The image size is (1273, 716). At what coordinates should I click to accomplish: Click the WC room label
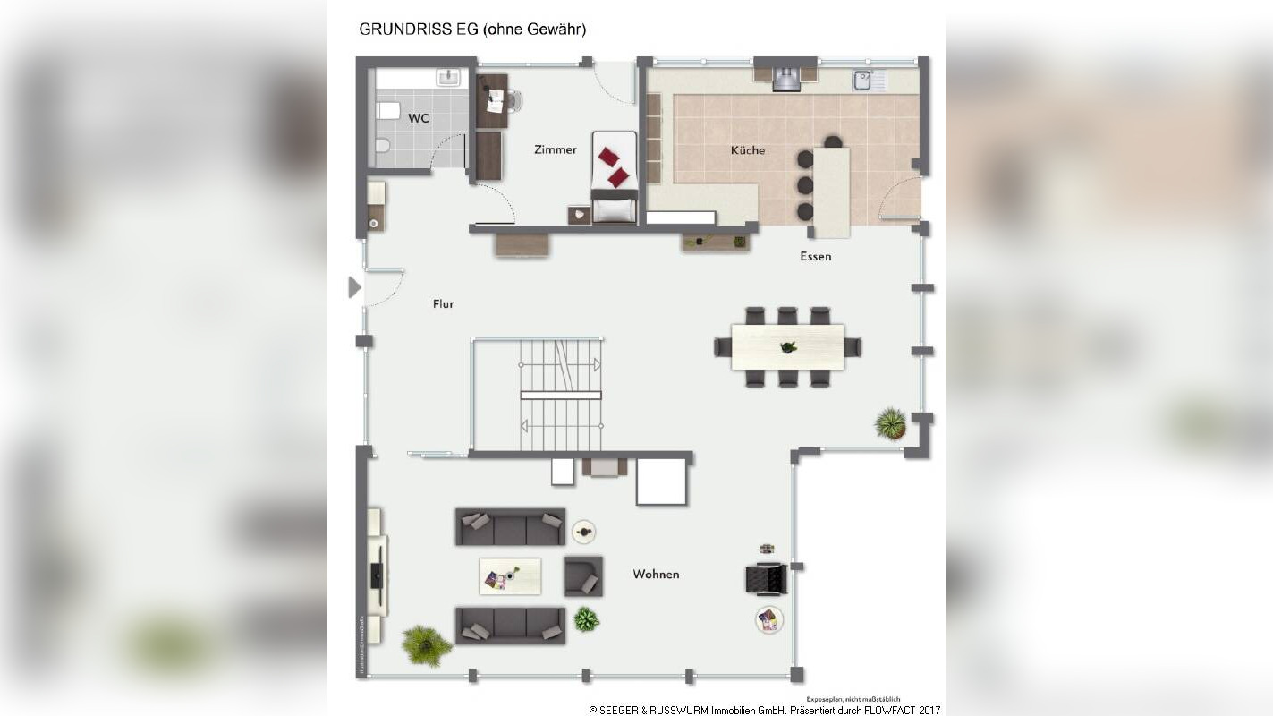pyautogui.click(x=418, y=118)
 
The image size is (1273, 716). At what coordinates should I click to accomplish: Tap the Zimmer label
pyautogui.click(x=556, y=149)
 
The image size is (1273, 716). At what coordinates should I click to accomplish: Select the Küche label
pyautogui.click(x=748, y=150)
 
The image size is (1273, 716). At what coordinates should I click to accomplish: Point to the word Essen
pyautogui.click(x=815, y=257)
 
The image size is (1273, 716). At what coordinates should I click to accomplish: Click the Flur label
pyautogui.click(x=443, y=304)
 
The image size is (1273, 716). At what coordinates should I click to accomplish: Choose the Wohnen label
pyautogui.click(x=656, y=575)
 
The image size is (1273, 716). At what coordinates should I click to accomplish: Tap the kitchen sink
pyautogui.click(x=863, y=81)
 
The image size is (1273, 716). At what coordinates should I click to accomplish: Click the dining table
pyautogui.click(x=787, y=347)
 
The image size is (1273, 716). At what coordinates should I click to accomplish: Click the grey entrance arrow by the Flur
pyautogui.click(x=354, y=287)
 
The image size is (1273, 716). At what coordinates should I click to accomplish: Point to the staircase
pyautogui.click(x=561, y=395)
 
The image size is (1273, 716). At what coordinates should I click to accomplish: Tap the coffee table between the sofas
pyautogui.click(x=510, y=576)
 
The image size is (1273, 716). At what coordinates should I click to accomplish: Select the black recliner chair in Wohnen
pyautogui.click(x=766, y=579)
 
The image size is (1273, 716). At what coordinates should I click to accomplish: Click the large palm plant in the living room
pyautogui.click(x=425, y=644)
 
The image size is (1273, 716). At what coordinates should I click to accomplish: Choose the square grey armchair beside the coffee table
pyautogui.click(x=582, y=576)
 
